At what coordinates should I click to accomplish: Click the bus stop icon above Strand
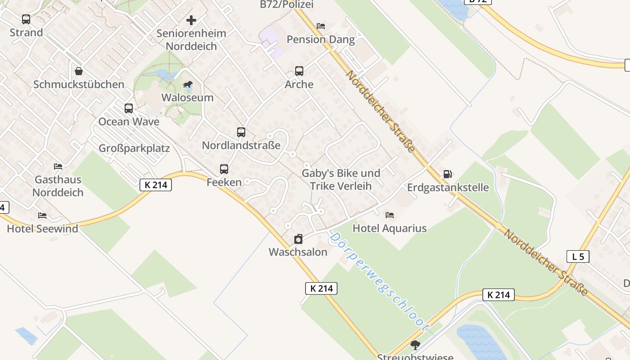[x=26, y=19]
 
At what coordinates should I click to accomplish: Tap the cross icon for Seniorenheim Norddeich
[x=191, y=20]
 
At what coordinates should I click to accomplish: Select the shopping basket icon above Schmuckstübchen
[x=79, y=71]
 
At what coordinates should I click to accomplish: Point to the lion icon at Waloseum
[x=187, y=85]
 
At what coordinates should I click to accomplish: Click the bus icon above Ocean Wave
[x=129, y=108]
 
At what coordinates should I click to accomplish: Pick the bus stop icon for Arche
[x=299, y=71]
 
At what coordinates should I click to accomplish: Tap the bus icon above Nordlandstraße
[x=241, y=132]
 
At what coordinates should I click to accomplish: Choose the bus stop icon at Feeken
[x=224, y=169]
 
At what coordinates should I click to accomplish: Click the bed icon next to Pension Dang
[x=321, y=26]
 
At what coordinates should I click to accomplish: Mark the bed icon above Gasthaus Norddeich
[x=58, y=166]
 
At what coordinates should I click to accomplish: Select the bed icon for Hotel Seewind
[x=42, y=216]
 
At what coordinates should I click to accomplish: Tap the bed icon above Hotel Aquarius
[x=390, y=215]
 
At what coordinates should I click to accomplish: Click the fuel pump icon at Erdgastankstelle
[x=448, y=174]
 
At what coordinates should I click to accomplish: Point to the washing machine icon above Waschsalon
[x=298, y=239]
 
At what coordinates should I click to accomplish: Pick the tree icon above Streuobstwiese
[x=415, y=345]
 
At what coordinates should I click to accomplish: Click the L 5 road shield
[x=578, y=257]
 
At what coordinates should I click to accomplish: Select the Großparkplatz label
[x=134, y=148]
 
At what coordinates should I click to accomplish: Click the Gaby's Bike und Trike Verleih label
[x=341, y=180]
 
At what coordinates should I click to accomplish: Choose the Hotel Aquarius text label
[x=389, y=229]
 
